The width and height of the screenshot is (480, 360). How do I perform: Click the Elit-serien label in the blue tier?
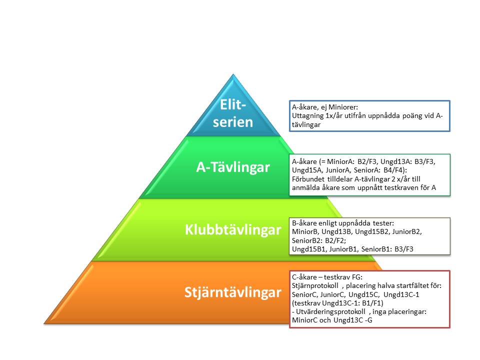click(233, 113)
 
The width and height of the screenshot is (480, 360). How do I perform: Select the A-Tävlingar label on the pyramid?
click(233, 167)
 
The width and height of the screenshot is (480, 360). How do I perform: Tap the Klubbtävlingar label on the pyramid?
click(233, 229)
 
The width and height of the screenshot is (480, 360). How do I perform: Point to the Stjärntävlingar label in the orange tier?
click(233, 292)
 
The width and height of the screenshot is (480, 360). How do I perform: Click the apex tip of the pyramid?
click(233, 74)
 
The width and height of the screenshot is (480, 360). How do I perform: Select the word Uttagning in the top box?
click(307, 116)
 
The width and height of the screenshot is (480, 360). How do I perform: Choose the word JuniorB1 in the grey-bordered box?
click(343, 249)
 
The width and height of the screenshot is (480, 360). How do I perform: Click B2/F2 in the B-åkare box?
click(335, 240)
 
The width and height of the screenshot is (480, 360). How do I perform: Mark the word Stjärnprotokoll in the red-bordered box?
click(315, 286)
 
